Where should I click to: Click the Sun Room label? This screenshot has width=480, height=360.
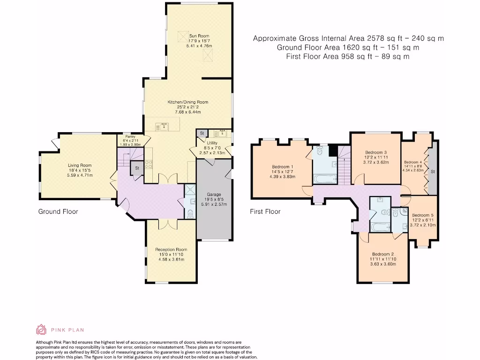coord(199,36)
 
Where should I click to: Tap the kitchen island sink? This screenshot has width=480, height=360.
coord(164,126)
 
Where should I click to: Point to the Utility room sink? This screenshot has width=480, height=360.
coord(223,133)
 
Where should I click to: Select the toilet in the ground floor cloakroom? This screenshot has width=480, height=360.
coord(190,214)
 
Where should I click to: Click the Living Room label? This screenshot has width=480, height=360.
coord(80,165)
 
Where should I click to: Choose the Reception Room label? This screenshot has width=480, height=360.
coord(171,249)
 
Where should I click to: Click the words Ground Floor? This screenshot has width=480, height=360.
coord(58,211)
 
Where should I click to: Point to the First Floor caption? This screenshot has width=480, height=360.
coord(265,211)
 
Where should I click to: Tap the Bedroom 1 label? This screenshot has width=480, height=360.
coord(283,167)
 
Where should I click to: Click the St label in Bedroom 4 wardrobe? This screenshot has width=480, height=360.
coord(433,172)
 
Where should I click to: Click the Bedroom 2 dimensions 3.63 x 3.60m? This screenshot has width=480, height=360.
coord(383,264)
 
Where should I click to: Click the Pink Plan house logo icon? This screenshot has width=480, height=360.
coord(41,330)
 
